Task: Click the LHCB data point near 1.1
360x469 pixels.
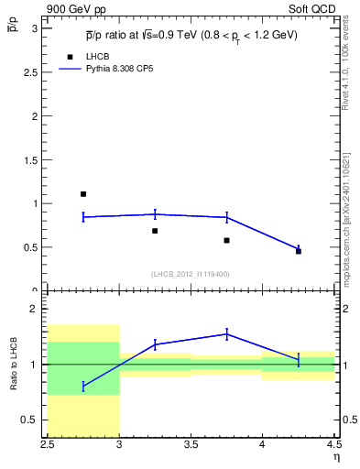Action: pos(83,194)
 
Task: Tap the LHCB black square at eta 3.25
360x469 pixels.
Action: pos(155,231)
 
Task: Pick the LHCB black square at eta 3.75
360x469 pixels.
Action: pos(226,240)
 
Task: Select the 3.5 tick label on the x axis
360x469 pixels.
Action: pos(191,446)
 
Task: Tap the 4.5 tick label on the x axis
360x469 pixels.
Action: pos(333,446)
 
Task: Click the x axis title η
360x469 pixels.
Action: pos(335,457)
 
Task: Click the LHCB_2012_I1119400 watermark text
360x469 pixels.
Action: pos(191,274)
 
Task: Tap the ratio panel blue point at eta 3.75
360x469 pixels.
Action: pos(226,333)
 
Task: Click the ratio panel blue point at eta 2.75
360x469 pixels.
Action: pos(83,387)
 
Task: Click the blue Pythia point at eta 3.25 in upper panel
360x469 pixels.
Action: pos(155,214)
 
